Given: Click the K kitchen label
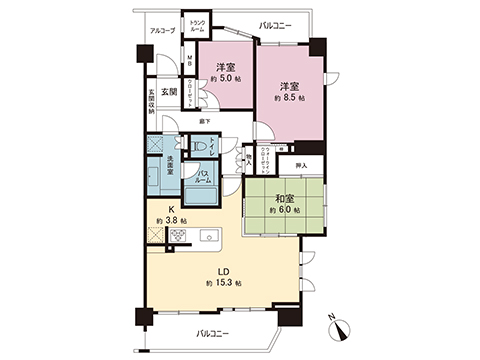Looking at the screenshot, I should tap(159, 209).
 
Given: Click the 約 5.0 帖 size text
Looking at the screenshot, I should tap(224, 82).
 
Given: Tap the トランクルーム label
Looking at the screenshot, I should tap(197, 27).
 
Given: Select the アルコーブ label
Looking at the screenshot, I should tap(162, 31).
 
